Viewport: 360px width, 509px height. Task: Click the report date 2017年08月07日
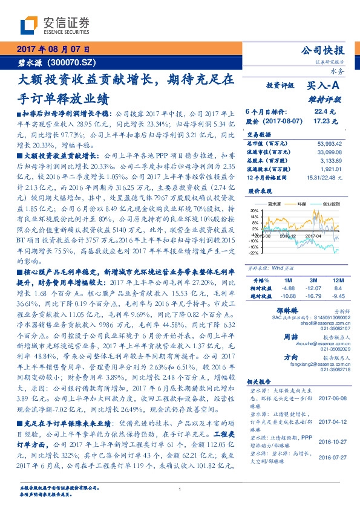(53, 48)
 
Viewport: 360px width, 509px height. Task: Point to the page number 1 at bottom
(180, 489)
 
